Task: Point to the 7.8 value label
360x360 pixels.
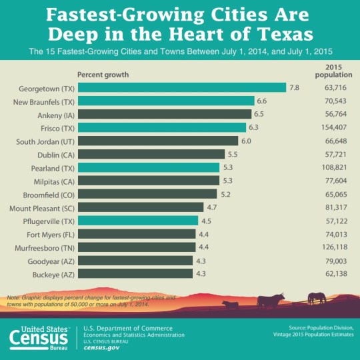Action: pos(294,88)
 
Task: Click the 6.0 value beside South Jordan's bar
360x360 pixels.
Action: pos(247,141)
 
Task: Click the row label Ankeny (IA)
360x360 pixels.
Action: pos(54,114)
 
